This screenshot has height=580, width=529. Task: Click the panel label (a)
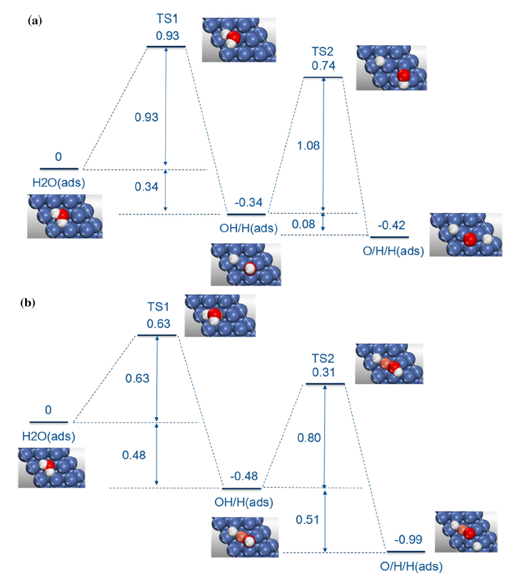pyautogui.click(x=35, y=21)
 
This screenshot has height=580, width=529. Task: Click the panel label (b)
pyautogui.click(x=28, y=303)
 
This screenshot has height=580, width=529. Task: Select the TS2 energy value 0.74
pyautogui.click(x=324, y=65)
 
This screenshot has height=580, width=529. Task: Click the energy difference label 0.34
pyautogui.click(x=147, y=186)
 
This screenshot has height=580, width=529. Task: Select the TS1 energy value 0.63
pyautogui.click(x=157, y=324)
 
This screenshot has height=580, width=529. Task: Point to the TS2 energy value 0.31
pyautogui.click(x=324, y=372)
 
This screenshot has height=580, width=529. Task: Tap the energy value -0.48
pyautogui.click(x=244, y=476)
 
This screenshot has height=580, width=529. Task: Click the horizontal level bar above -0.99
pyautogui.click(x=406, y=551)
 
